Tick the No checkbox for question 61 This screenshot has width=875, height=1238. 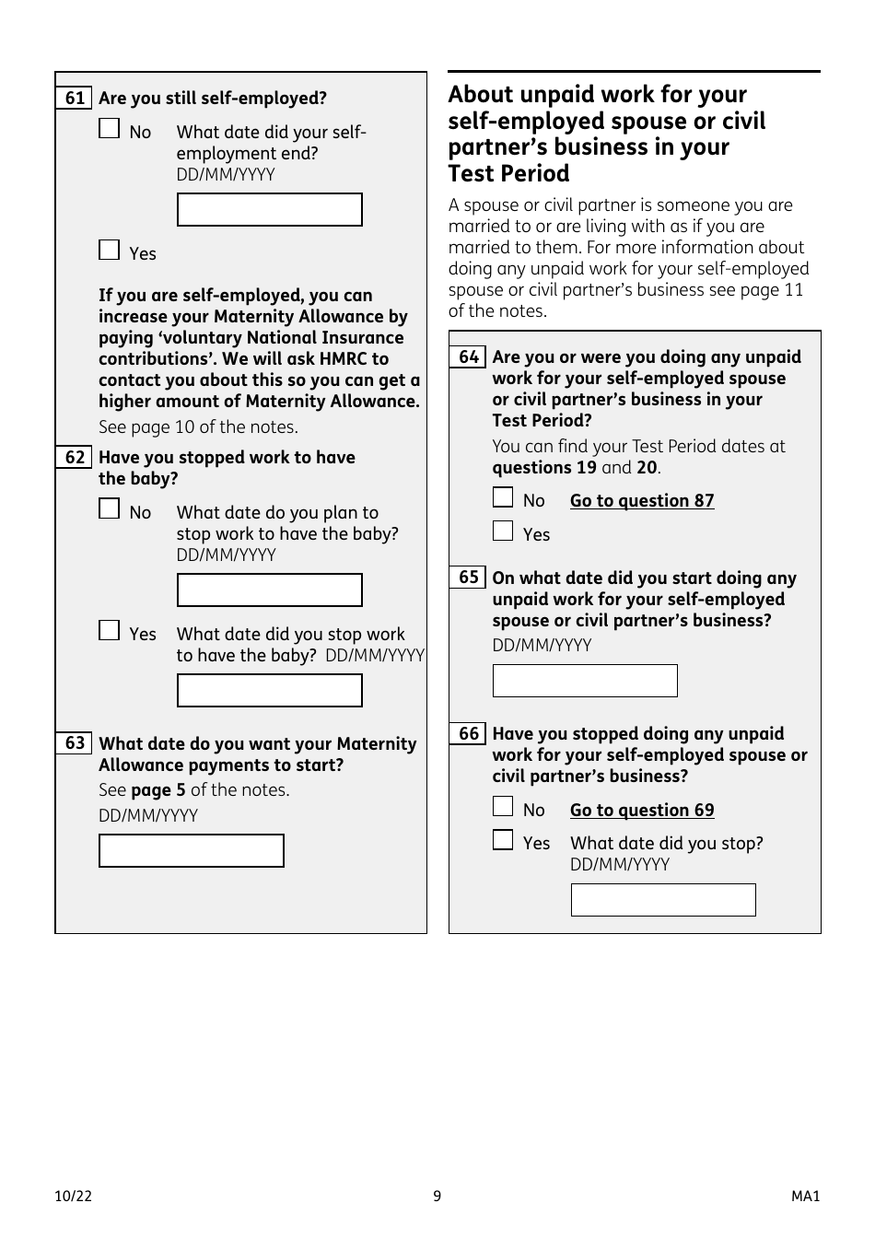coord(110,129)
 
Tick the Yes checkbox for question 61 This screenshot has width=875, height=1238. coord(110,251)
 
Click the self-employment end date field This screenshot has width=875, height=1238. coord(269,210)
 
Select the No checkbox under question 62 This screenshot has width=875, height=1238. coord(110,509)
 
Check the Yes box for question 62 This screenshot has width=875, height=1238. coord(110,631)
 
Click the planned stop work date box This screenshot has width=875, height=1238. coord(269,590)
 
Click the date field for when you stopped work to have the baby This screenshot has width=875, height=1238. coord(269,691)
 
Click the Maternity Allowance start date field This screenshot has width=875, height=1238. coord(191,851)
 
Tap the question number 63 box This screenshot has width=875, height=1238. coord(75,743)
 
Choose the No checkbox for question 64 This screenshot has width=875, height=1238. coord(503,498)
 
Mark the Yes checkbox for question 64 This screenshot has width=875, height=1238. coord(503,531)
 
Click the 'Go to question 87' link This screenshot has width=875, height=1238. coord(642,501)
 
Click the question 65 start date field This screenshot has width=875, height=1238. coord(585,681)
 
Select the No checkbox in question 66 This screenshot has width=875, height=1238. coord(503,807)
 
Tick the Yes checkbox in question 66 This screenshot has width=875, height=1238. coord(503,840)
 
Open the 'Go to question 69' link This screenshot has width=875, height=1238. coord(642,811)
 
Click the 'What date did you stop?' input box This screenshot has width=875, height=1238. coord(663,900)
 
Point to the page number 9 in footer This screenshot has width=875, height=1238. coord(437,1197)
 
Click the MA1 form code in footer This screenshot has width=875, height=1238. coord(805,1197)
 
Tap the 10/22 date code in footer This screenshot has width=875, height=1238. coord(73,1197)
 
